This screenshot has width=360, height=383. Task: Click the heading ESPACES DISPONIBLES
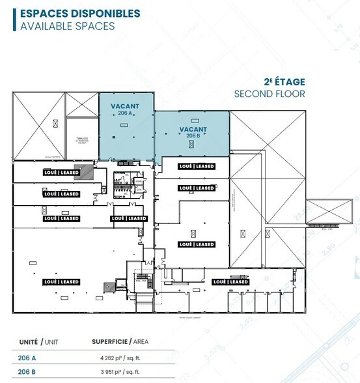80,13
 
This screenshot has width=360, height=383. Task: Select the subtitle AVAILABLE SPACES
68,26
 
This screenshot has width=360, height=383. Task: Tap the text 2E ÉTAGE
284,82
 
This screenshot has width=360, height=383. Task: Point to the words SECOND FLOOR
269,94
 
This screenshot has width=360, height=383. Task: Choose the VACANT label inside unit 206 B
193,129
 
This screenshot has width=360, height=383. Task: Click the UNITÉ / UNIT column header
38,341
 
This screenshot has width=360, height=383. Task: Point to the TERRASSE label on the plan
81,139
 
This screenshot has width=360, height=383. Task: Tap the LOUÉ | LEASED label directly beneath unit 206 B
197,166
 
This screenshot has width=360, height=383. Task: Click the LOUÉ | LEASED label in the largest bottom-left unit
61,282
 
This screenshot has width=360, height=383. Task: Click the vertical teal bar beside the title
14,20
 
